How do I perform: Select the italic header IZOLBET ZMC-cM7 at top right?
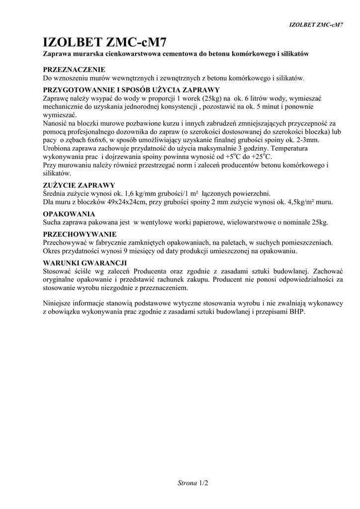(317, 24)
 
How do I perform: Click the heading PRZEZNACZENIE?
(74, 70)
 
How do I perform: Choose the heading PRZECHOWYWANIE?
(80, 234)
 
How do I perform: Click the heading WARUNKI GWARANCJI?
(85, 262)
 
